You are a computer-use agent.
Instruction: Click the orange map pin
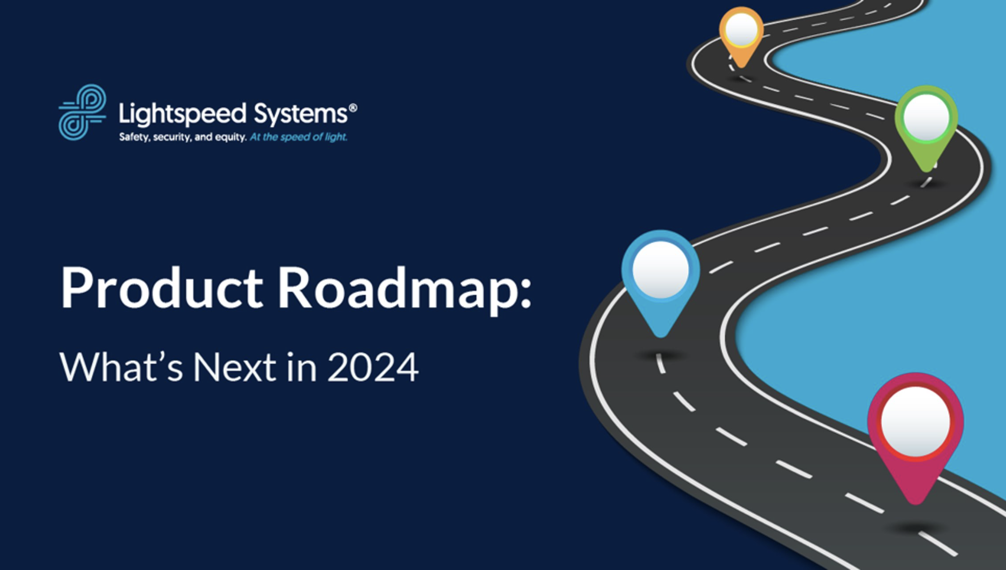pyautogui.click(x=741, y=36)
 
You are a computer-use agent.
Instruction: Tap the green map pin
pyautogui.click(x=926, y=125)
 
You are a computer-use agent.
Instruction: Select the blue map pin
pyautogui.click(x=660, y=281)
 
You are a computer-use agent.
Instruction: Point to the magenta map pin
pyautogui.click(x=915, y=434)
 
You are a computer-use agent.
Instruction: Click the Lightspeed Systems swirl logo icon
pyautogui.click(x=82, y=112)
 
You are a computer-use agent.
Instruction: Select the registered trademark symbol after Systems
pyautogui.click(x=353, y=107)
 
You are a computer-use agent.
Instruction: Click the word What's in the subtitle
pyautogui.click(x=121, y=367)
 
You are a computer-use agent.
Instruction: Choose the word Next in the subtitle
pyautogui.click(x=234, y=367)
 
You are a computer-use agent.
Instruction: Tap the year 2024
pyautogui.click(x=373, y=367)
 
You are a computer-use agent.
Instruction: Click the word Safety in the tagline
pyautogui.click(x=134, y=137)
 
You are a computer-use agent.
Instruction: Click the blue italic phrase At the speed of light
pyautogui.click(x=298, y=137)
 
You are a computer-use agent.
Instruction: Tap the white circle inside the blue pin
pyautogui.click(x=660, y=269)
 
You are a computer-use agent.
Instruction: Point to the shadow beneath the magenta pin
pyautogui.click(x=914, y=528)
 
